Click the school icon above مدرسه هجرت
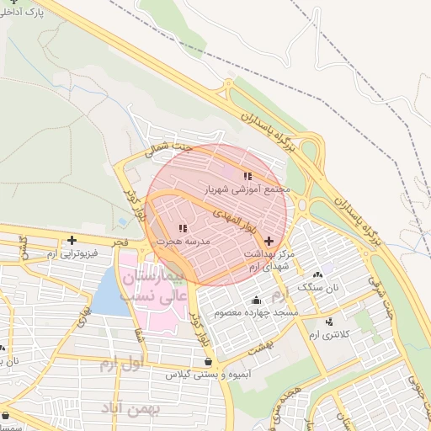[x=183, y=228]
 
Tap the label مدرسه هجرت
[x=181, y=242]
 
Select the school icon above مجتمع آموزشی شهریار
[x=247, y=176]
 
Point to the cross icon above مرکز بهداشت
[x=269, y=241]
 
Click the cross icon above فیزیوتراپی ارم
[x=72, y=240]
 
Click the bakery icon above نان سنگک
[x=317, y=274]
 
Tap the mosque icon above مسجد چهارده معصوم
[x=256, y=301]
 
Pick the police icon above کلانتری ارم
[x=329, y=322]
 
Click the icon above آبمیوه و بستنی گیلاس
[x=208, y=361]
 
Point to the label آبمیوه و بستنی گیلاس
[x=205, y=374]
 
